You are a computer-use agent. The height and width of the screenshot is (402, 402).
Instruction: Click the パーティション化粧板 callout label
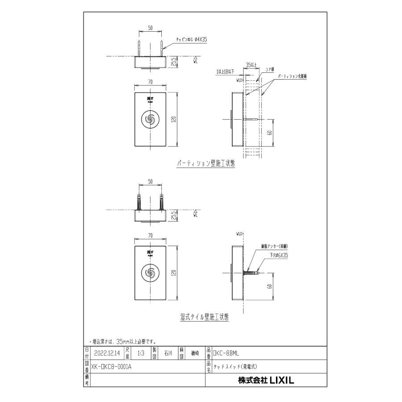tap(293, 76)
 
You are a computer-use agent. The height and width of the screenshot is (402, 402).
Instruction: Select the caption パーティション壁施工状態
tap(205, 164)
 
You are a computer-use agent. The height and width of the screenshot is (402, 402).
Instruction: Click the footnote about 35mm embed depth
tap(122, 341)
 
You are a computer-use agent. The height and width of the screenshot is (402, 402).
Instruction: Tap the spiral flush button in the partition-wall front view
tap(151, 119)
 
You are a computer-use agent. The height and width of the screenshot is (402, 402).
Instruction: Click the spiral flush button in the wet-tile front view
tap(151, 272)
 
